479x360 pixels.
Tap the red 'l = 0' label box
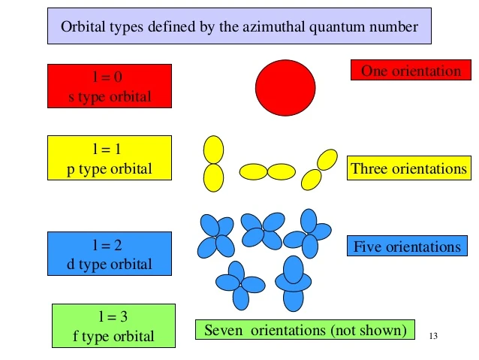coord(110,86)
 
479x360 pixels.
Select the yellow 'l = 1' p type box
coord(110,158)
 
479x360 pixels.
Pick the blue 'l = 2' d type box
coord(110,254)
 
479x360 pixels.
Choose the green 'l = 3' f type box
coord(113,326)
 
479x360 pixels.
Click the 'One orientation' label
coord(411,71)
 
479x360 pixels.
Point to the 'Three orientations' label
coord(409,168)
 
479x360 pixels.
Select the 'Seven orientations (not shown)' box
coord(305,329)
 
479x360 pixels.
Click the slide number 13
coord(433,336)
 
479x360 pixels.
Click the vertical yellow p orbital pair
coord(213,163)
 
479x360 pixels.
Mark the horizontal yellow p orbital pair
coord(267,171)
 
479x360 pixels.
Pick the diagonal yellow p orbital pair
coord(319,170)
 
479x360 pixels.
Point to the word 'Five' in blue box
coord(367,247)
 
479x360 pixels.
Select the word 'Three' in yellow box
coord(369,168)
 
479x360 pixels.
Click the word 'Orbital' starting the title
coord(83,28)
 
